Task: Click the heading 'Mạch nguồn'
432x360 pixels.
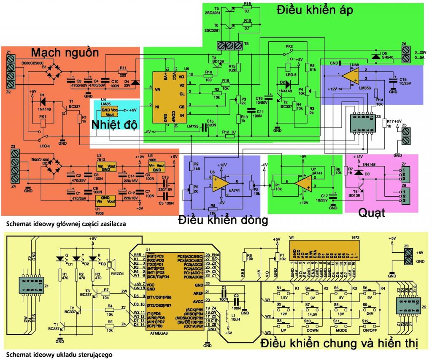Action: point(65,53)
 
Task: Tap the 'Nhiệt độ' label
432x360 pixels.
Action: point(113,125)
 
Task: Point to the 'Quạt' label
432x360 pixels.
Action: point(372,213)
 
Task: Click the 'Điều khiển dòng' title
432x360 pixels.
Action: point(223,220)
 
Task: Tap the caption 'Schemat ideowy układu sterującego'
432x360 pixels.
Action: point(59,355)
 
